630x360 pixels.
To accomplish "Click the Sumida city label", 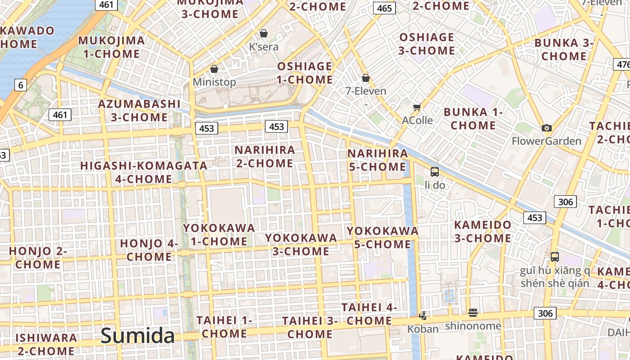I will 137,336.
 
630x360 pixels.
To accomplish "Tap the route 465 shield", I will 384,8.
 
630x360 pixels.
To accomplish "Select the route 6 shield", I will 20,85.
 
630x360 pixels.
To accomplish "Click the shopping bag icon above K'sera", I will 264,33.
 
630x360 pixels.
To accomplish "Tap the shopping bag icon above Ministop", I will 214,69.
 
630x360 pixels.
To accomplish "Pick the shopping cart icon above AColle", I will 417,107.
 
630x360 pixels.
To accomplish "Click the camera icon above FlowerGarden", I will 547,128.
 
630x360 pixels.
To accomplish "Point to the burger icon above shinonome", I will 472,312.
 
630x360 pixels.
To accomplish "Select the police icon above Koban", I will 423,315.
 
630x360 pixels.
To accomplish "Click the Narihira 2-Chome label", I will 265,156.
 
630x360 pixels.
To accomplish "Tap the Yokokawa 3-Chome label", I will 301,244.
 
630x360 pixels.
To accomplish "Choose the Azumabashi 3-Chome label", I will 139,111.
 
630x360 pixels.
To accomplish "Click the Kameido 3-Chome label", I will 483,231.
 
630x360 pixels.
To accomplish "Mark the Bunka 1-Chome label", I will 473,119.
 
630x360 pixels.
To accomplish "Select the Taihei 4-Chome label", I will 369,314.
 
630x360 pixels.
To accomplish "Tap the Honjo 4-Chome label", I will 149,250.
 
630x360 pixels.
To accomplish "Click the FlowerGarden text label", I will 547,141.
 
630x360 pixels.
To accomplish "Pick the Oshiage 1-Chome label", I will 305,73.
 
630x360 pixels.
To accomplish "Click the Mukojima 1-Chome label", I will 112,47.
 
